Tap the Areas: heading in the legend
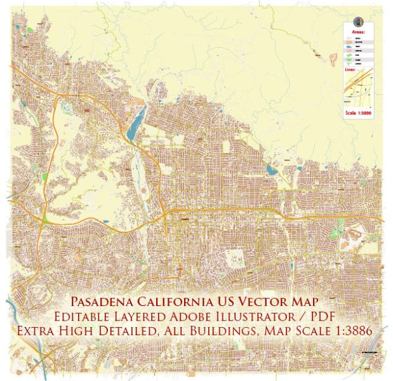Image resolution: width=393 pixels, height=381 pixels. coord(357,29)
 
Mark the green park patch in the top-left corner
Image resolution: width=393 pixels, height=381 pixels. coord(30,29)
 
